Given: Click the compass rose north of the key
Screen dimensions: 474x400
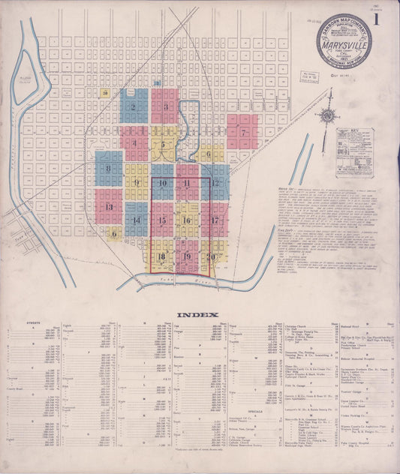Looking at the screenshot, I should [x=327, y=116].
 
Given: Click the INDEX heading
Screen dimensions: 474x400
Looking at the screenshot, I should [x=197, y=315].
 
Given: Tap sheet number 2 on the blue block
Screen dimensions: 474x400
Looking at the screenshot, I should [x=133, y=106].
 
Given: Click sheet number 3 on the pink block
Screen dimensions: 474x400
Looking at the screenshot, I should [x=164, y=107].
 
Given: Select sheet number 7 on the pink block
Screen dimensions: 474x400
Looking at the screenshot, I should [x=244, y=133].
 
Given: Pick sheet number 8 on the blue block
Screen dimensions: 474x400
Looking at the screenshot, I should [x=108, y=169].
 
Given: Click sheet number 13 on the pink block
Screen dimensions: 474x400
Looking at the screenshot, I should [x=109, y=207].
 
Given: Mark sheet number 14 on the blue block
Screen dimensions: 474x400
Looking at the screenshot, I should [x=136, y=220].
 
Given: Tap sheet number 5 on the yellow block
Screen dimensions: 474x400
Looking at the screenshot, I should [x=163, y=144].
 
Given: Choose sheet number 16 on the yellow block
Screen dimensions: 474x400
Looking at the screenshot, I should [x=186, y=220].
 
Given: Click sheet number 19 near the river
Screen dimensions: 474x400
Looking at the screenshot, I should [x=187, y=257].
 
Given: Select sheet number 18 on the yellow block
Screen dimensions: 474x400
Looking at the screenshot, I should [x=161, y=257].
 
